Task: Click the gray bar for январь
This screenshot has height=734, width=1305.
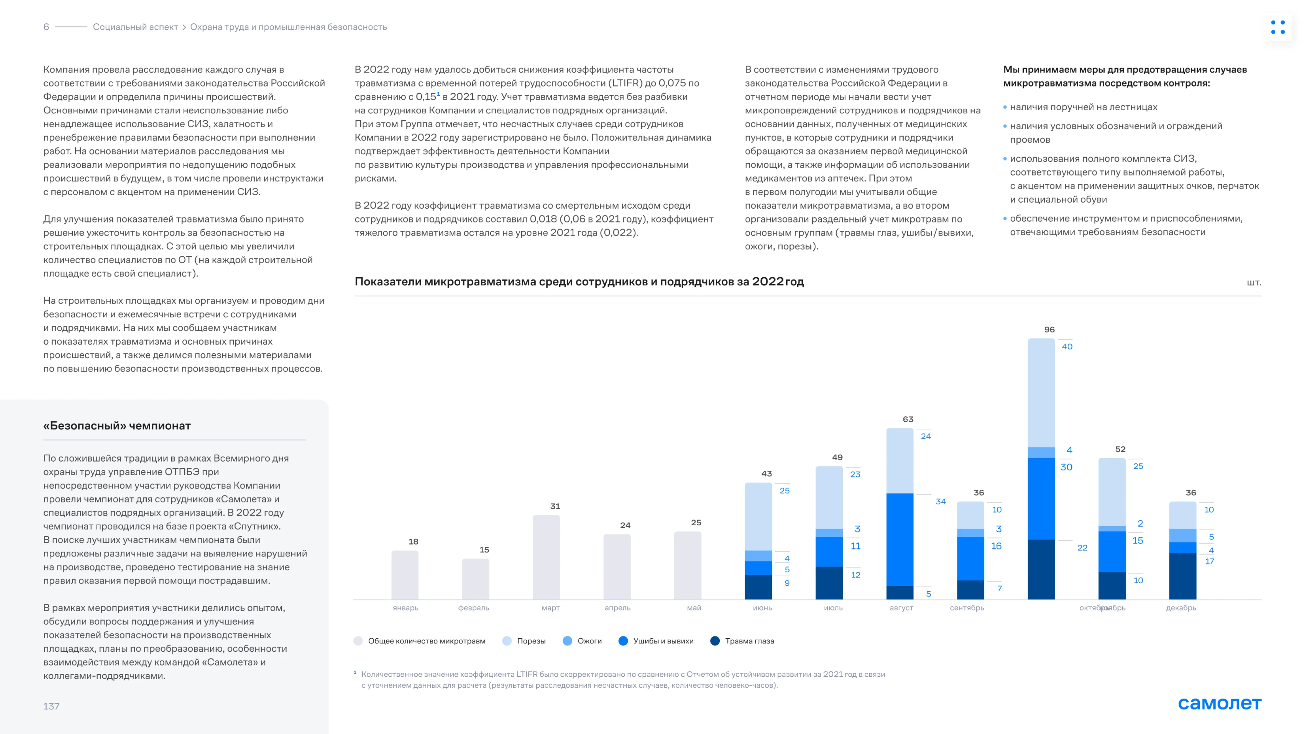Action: click(405, 575)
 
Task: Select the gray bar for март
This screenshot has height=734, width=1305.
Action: click(546, 557)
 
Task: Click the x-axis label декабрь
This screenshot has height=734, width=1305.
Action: click(1181, 608)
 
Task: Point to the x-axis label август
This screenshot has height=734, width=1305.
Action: click(901, 608)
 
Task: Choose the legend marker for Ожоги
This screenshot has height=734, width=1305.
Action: click(567, 641)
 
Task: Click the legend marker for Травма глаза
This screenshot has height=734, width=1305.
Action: click(715, 641)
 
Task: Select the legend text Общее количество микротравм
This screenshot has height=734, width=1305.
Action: click(427, 641)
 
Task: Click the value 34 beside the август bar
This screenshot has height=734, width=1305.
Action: click(940, 502)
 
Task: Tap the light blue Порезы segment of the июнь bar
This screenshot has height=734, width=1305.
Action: click(758, 516)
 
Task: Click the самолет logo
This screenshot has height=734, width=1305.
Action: click(1220, 703)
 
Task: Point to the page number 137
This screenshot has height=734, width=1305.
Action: click(51, 706)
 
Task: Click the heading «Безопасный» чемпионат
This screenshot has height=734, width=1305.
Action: click(117, 426)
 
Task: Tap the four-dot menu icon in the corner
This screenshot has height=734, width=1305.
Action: click(1278, 27)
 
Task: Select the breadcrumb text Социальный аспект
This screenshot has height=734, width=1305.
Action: click(135, 27)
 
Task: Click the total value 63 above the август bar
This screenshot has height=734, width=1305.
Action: click(908, 419)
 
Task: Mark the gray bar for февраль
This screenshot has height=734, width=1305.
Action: click(475, 579)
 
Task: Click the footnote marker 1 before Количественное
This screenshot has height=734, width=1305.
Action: click(355, 672)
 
